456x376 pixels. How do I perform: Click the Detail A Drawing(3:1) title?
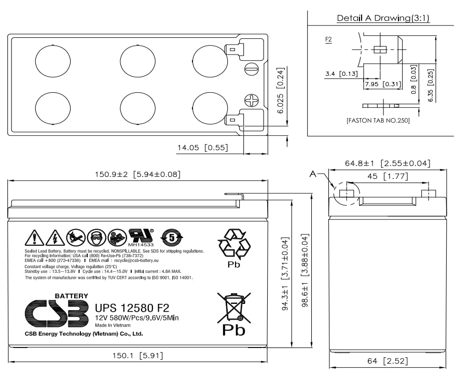click(x=383, y=18)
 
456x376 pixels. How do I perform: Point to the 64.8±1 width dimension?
click(x=388, y=163)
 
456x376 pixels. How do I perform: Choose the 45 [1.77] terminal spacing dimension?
click(x=387, y=176)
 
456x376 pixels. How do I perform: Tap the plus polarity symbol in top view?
click(x=251, y=101)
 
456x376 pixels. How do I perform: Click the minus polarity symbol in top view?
click(x=251, y=69)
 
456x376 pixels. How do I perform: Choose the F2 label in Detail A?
click(x=328, y=39)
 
